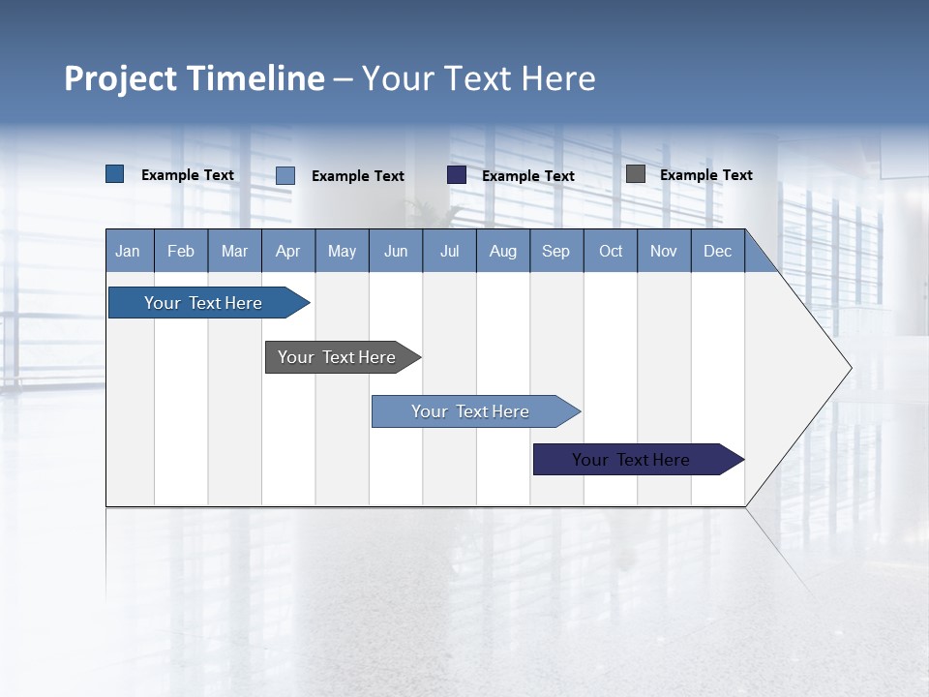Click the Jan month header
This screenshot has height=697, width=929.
point(129,252)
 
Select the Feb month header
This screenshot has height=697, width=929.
point(181,252)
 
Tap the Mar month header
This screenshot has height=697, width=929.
point(234,252)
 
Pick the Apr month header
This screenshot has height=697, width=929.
point(288,252)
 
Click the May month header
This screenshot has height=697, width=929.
point(342,252)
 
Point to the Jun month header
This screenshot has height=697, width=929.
point(396,252)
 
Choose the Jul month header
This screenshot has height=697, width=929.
point(449,252)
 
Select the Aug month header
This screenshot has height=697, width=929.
point(503,252)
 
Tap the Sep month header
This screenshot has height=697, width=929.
point(556,252)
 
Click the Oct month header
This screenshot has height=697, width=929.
point(611,252)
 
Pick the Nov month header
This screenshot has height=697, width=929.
point(664,252)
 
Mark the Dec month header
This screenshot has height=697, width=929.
point(718,252)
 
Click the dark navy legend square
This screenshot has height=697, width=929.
point(457,175)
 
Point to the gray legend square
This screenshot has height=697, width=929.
point(636,174)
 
